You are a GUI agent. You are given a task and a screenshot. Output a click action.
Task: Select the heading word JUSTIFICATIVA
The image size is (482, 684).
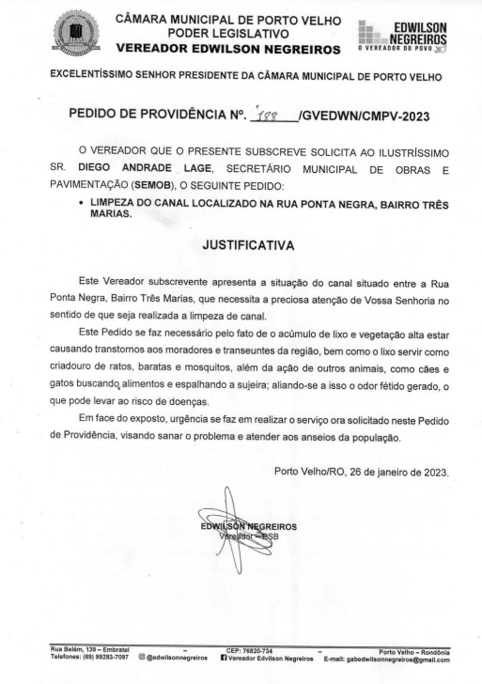click(x=248, y=246)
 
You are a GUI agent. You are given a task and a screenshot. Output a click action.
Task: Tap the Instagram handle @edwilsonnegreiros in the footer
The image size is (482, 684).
click(x=177, y=657)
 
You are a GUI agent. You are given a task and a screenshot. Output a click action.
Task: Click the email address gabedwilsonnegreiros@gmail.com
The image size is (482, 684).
click(x=398, y=659)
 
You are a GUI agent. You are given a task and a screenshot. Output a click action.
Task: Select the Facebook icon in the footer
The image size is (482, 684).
click(x=224, y=658)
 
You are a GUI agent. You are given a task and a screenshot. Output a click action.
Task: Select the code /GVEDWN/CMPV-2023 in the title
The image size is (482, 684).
click(x=364, y=117)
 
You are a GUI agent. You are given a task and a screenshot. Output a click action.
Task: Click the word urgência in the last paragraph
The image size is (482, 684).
click(x=188, y=419)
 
